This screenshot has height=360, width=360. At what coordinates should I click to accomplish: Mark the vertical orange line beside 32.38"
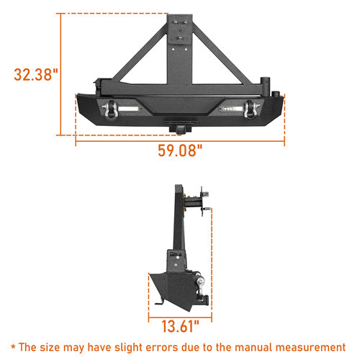pyautogui.click(x=61, y=74)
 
